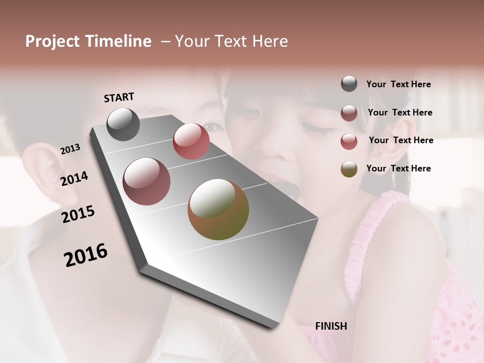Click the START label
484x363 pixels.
(x=119, y=97)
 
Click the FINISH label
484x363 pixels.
(x=331, y=326)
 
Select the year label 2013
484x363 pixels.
(x=70, y=149)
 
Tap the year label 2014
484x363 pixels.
(x=75, y=178)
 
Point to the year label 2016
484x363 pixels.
(x=86, y=255)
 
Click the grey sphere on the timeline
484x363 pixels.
(x=123, y=124)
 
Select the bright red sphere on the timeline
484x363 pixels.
(x=191, y=141)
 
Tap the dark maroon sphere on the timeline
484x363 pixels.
(x=146, y=181)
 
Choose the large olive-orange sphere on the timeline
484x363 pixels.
(x=218, y=209)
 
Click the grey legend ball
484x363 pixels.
(x=349, y=84)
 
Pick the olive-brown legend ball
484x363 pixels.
(x=349, y=169)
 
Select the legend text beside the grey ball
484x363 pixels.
(x=398, y=84)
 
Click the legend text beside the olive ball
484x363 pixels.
(x=398, y=168)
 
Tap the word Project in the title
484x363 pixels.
(x=52, y=41)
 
